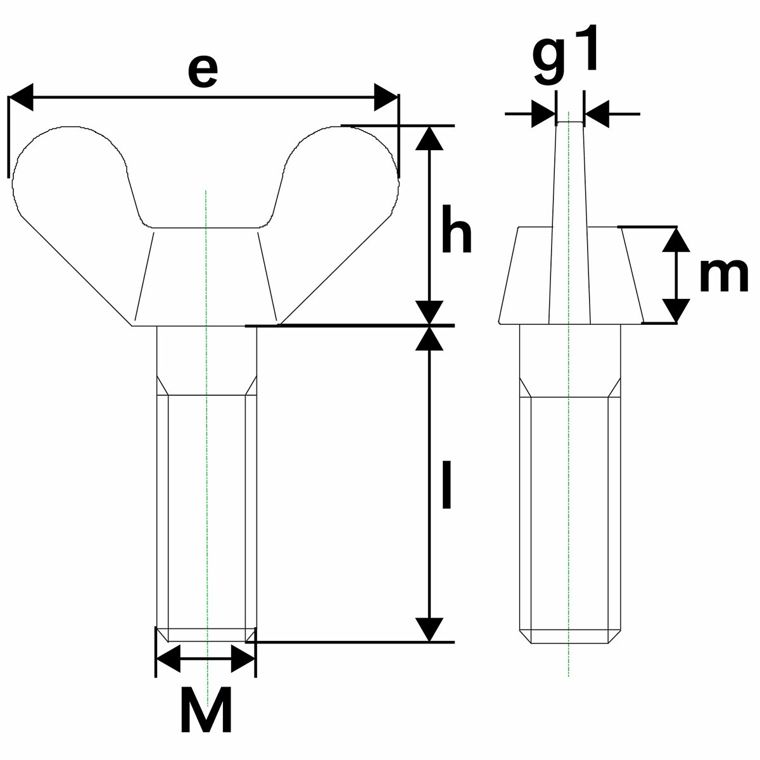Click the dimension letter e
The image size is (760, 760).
click(202, 72)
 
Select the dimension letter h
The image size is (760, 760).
click(456, 229)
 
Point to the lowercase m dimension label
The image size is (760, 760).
click(724, 275)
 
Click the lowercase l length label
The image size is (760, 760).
click(446, 485)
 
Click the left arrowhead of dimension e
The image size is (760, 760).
click(20, 97)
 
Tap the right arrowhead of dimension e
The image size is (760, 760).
click(386, 97)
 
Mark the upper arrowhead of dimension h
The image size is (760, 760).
click(429, 138)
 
